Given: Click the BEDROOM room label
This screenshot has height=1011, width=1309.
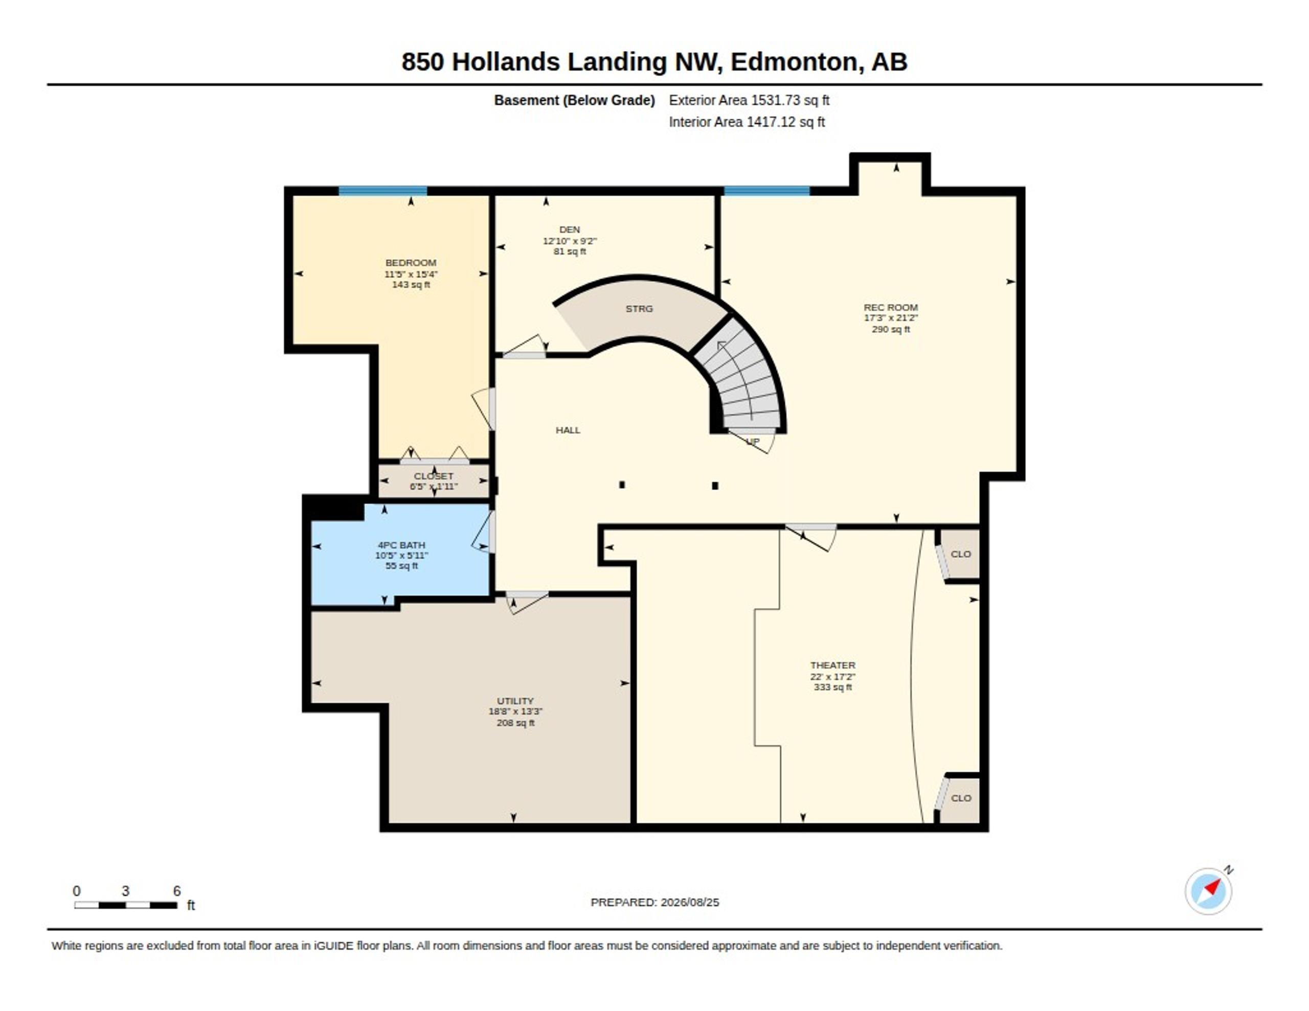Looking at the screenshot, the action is [411, 263].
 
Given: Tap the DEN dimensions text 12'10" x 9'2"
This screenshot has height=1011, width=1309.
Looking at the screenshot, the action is [570, 241].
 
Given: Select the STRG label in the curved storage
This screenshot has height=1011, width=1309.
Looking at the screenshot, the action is [639, 309].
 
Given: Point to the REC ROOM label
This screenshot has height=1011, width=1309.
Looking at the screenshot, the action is [891, 307].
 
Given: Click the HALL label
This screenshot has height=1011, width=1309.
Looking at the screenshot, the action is [568, 430].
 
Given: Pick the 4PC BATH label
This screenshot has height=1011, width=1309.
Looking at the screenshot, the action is [401, 545].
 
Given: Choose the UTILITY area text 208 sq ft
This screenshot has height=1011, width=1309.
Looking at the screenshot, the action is [515, 723].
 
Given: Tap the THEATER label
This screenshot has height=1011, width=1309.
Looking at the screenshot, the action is [832, 665].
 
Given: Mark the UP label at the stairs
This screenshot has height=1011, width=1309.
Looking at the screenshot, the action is [753, 442].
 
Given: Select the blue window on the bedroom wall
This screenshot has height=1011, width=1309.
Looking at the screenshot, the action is [383, 191].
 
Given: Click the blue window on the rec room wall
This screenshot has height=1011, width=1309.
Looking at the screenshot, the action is [766, 191].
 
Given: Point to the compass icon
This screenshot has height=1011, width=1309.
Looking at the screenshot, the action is [1208, 891].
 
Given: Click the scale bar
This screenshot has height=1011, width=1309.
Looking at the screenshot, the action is [126, 905].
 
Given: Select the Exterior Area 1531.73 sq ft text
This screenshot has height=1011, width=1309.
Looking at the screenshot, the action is [749, 100].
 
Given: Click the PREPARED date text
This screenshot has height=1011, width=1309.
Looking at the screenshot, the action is [654, 902].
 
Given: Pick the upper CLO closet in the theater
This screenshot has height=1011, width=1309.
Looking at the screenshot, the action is [960, 555].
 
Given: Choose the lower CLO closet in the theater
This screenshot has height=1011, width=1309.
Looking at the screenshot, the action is [960, 799].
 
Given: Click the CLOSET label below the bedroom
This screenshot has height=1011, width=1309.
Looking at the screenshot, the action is [433, 476].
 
